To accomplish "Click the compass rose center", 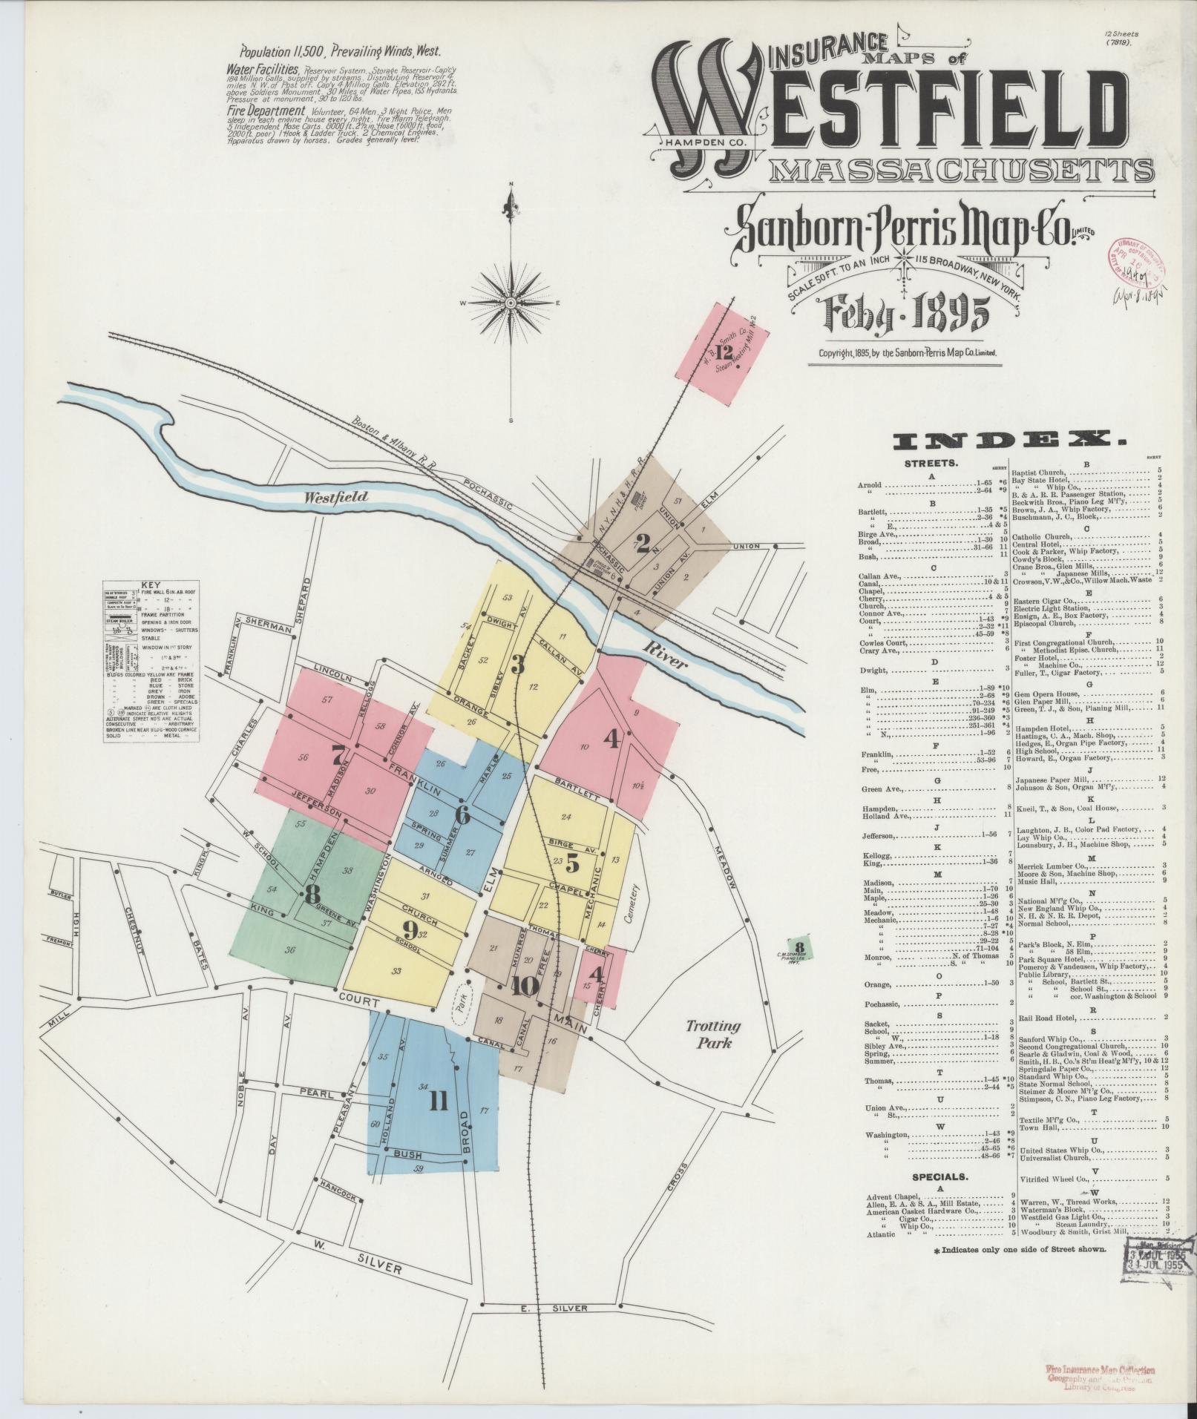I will click(x=511, y=303).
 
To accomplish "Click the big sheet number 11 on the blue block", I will click(x=438, y=1102).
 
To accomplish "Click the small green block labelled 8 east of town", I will click(x=798, y=947).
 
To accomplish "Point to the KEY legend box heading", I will click(x=151, y=585).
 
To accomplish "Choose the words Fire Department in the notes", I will click(x=266, y=111).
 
